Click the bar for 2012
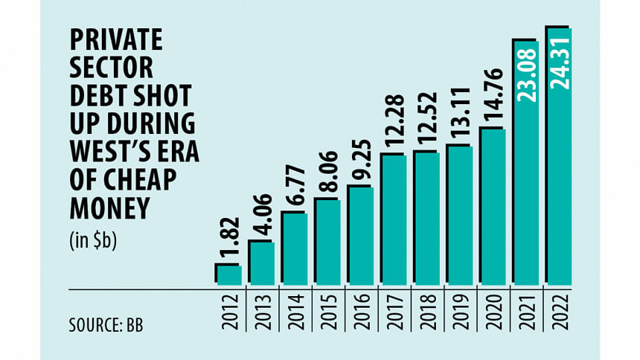[229, 274]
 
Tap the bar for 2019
[460, 215]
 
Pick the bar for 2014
[295, 248]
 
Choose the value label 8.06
[328, 174]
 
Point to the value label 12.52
[427, 121]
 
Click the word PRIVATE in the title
[110, 43]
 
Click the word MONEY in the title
[105, 210]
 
